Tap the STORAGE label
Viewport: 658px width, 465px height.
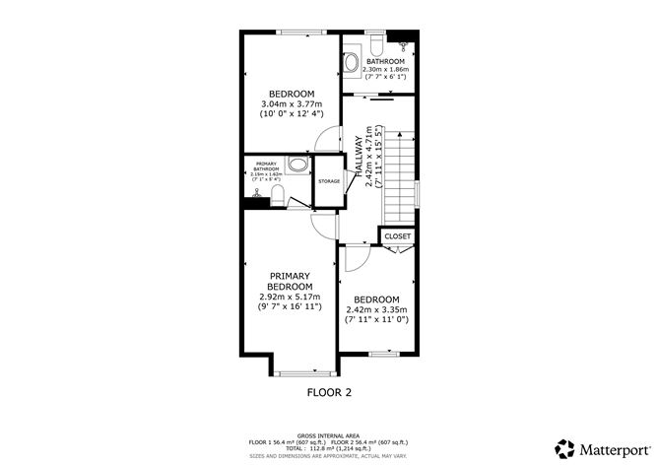coord(329,181)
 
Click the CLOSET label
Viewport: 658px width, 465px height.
coord(397,236)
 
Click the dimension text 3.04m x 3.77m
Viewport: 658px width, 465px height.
coord(287,104)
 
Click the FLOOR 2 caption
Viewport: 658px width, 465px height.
coord(328,391)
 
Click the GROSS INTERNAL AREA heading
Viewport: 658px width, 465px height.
coord(328,433)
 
